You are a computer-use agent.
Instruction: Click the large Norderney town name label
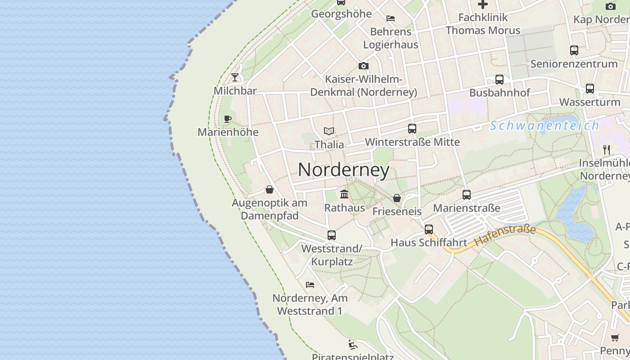(344, 170)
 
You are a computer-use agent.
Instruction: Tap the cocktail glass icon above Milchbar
(235, 77)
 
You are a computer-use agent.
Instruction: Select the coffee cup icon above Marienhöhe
(228, 119)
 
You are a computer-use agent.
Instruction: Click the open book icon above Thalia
(329, 131)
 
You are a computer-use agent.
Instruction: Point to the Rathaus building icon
(344, 194)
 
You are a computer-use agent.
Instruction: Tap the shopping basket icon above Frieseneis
(397, 198)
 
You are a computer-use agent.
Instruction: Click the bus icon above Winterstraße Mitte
(412, 128)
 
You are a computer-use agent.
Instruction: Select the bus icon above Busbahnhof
(499, 80)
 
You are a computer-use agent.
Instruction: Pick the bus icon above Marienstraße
(467, 194)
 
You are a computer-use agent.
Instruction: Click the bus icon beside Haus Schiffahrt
(429, 229)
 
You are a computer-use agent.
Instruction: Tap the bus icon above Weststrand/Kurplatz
(332, 235)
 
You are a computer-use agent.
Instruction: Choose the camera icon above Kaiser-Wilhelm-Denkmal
(364, 66)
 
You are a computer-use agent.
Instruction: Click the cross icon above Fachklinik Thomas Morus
(483, 4)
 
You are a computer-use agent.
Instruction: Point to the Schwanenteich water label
(544, 126)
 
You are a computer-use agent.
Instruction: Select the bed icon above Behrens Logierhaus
(391, 18)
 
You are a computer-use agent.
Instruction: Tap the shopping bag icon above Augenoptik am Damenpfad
(270, 189)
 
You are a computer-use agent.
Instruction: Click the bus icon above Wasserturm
(590, 89)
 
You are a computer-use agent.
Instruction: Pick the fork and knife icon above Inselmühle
(607, 149)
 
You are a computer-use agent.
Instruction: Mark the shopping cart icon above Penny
(615, 337)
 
